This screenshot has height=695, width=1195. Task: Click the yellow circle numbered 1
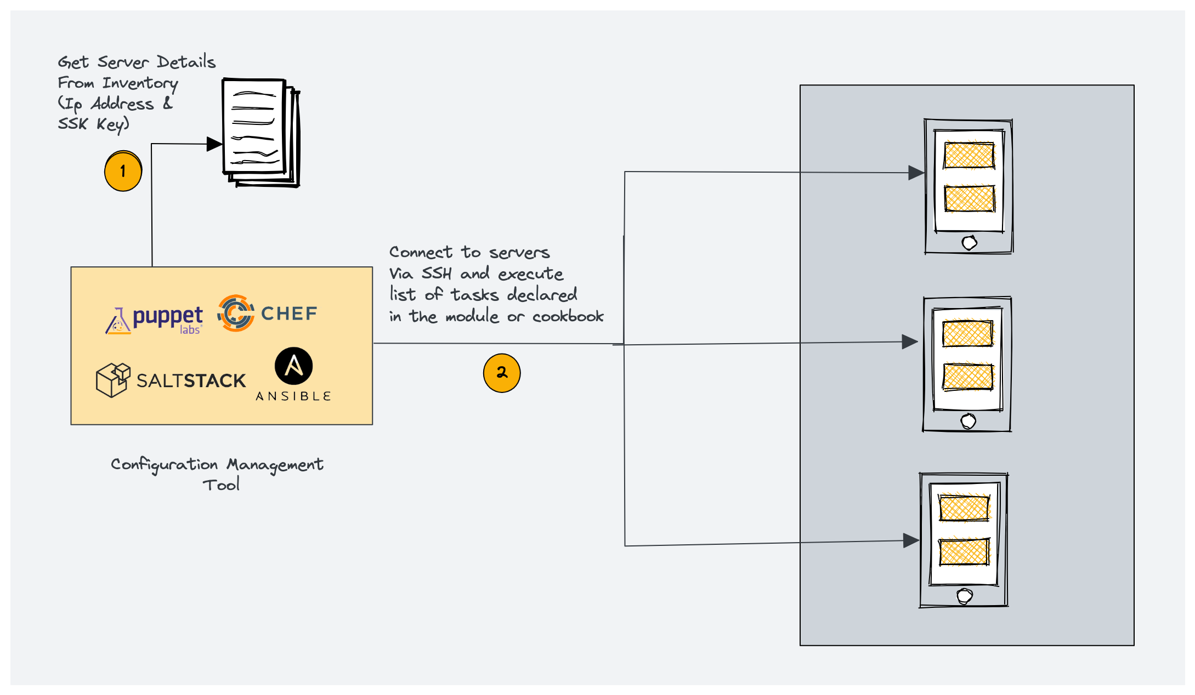coord(123,172)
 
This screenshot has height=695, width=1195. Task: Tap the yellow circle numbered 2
coord(501,373)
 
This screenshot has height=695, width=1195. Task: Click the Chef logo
coord(267,314)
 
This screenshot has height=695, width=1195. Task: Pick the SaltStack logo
coord(171,380)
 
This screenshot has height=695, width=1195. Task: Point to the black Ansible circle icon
coord(293,366)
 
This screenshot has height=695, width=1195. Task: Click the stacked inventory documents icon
coord(260,133)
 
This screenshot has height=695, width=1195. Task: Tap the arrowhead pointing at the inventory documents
coord(214,144)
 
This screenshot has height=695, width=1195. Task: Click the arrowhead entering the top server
coord(915,173)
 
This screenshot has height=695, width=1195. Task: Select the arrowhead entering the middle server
coord(909,342)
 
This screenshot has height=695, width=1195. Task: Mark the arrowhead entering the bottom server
coord(910,540)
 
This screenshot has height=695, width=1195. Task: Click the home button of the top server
coord(969,242)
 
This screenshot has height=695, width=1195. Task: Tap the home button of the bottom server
coord(964,596)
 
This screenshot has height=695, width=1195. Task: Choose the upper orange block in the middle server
coord(967,334)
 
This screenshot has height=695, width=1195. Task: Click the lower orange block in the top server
coord(969,198)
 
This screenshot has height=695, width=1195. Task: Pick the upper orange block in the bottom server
coord(964,508)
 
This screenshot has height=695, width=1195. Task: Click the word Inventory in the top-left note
coord(140,83)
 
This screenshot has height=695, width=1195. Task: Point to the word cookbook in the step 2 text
coord(568,316)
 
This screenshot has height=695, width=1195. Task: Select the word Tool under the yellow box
coord(221,485)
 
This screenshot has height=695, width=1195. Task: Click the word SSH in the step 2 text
coord(437,273)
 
